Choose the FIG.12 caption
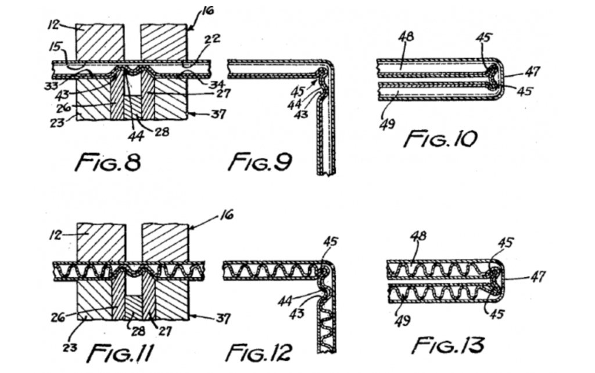[x=259, y=351]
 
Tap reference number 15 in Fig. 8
[x=56, y=46]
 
